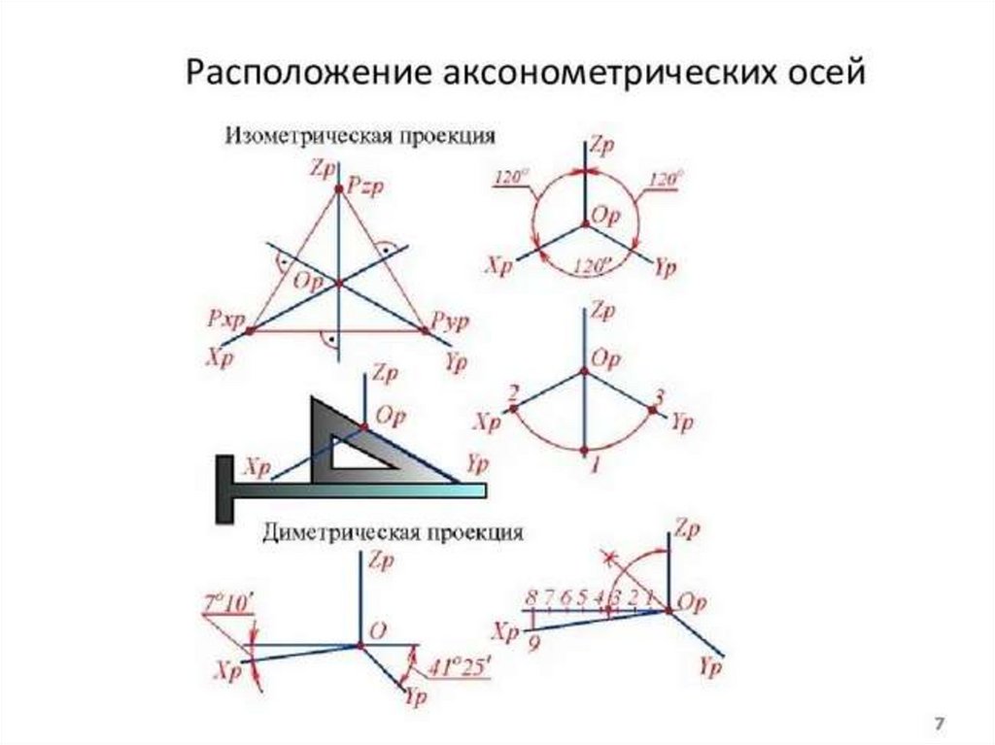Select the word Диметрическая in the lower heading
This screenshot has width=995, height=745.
[331, 532]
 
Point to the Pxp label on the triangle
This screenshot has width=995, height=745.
[223, 318]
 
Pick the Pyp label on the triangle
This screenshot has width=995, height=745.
[452, 318]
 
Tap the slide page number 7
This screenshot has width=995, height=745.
[940, 724]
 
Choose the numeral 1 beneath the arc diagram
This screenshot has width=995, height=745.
[595, 466]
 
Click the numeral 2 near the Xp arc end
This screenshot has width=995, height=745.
[513, 392]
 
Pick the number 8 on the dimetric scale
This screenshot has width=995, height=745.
[531, 597]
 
